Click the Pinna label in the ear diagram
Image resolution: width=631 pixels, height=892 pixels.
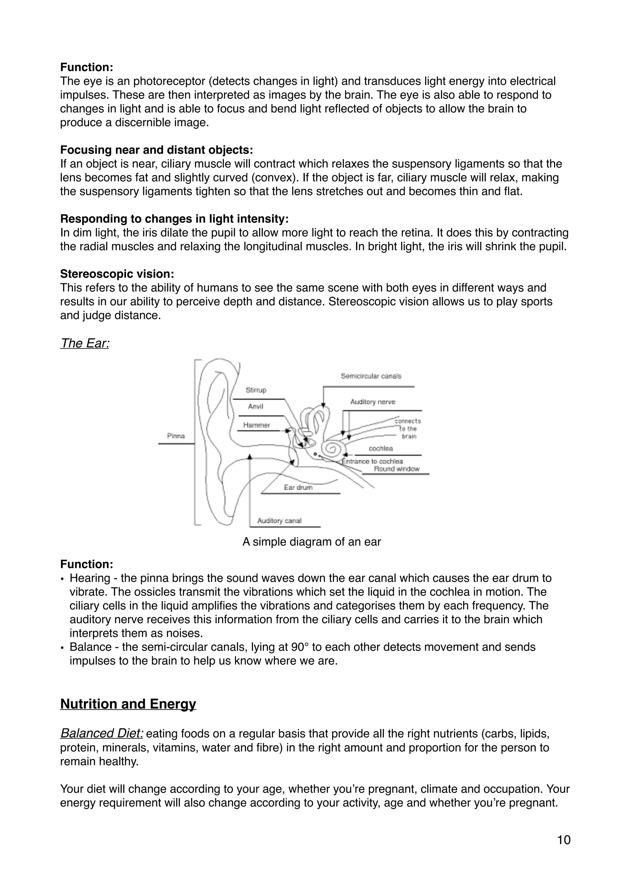point(176,436)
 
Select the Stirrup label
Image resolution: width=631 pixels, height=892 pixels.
point(256,390)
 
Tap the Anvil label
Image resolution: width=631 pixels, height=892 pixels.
point(255,406)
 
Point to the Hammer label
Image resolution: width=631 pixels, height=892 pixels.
point(256,425)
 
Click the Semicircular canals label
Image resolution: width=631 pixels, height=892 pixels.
point(371,376)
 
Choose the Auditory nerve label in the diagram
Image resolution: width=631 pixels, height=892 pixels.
point(372,402)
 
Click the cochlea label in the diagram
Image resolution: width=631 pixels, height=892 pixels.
point(381,448)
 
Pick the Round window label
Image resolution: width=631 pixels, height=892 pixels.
point(396,469)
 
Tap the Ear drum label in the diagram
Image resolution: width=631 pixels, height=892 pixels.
point(298,487)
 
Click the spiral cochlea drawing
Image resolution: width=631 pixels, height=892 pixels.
point(333,449)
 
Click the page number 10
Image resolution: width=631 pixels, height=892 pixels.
point(564,840)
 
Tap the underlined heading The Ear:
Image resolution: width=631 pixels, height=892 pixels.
point(85,343)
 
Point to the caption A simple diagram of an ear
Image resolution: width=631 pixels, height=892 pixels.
point(311,541)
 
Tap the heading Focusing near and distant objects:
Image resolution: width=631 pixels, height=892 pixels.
point(156,150)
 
